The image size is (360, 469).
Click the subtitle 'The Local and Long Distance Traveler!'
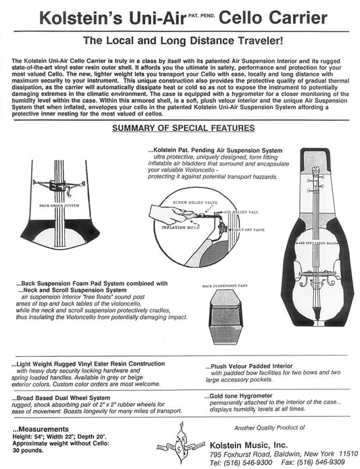click(180, 41)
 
